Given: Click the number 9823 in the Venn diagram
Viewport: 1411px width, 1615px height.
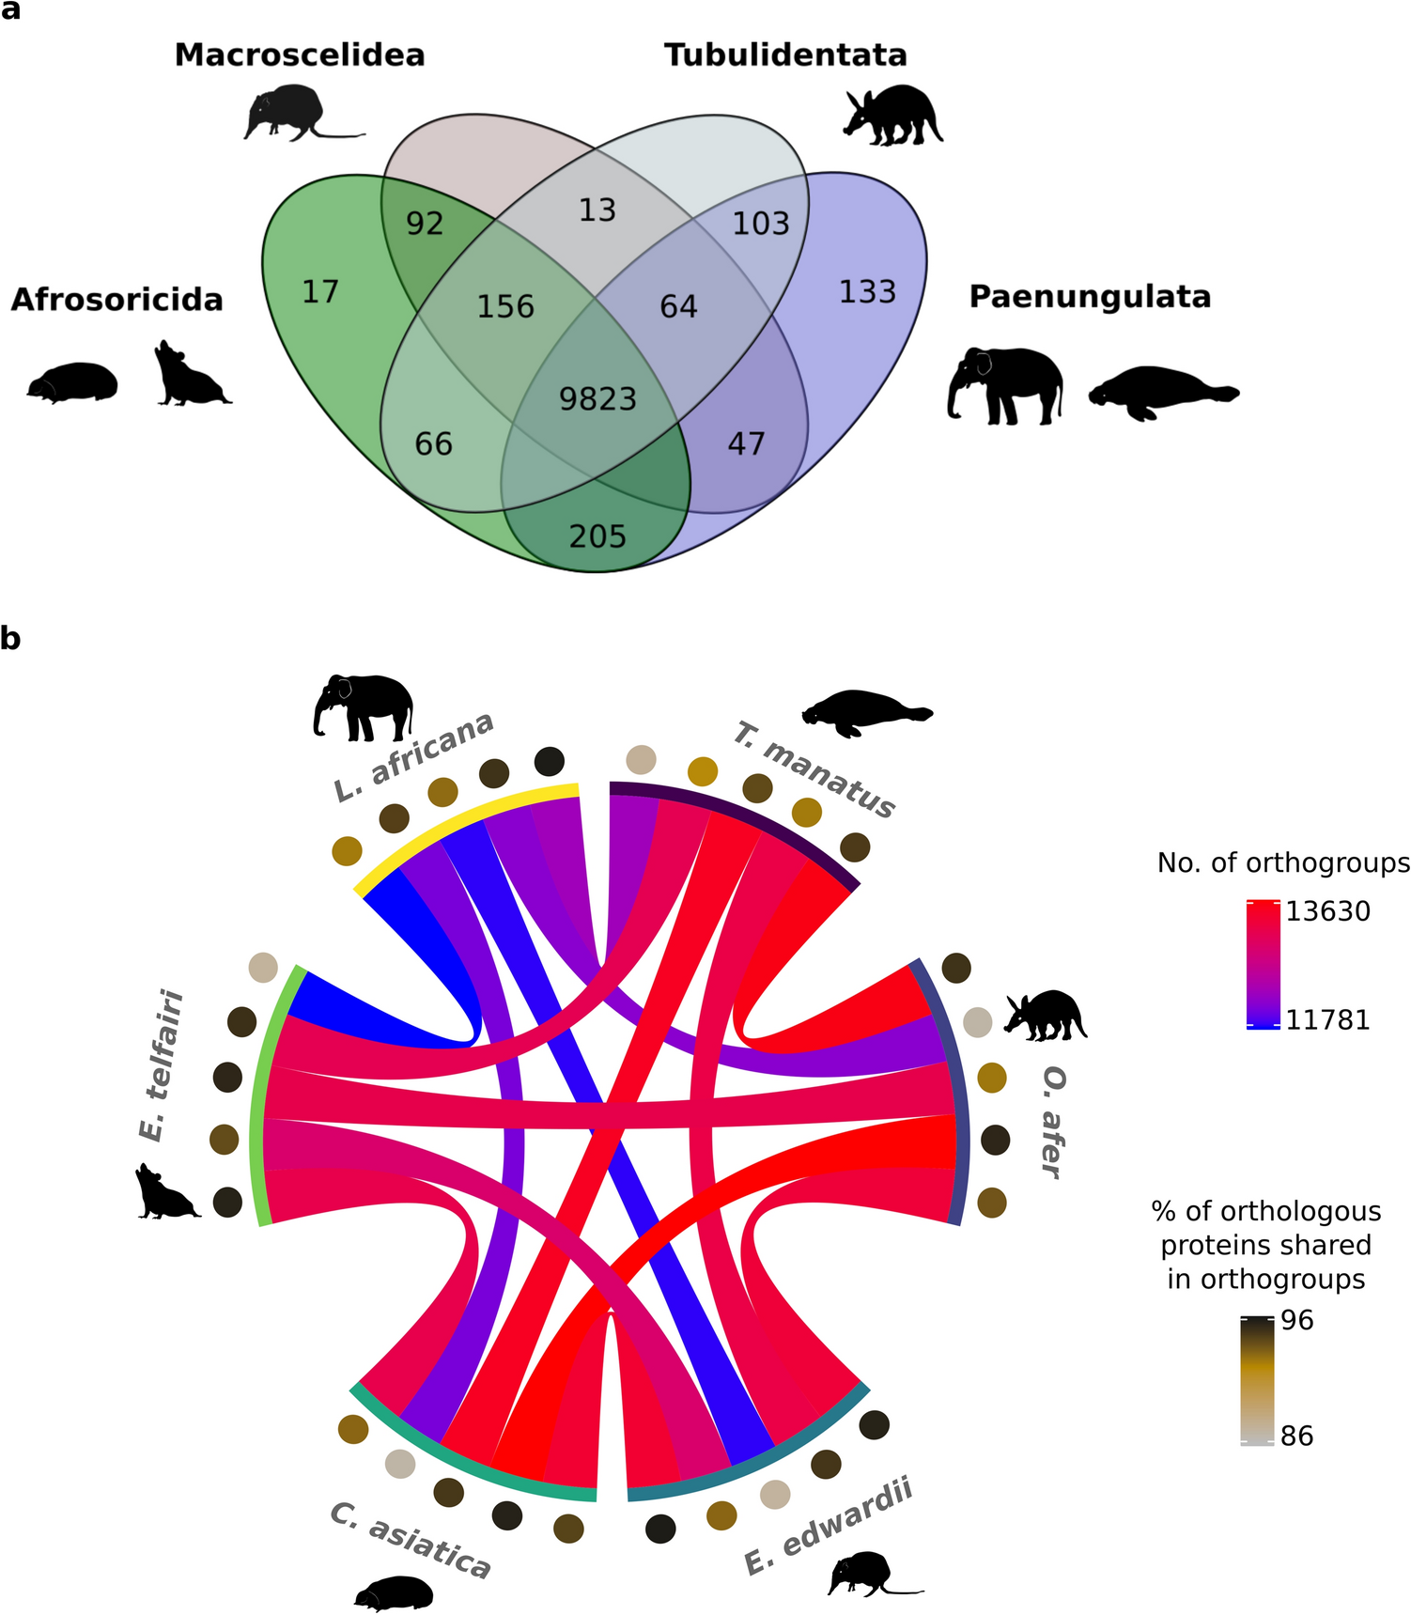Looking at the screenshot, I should (597, 399).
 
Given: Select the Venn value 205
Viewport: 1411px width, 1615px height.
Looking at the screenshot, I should (597, 536).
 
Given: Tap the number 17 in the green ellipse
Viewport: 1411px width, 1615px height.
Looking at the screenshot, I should (320, 292).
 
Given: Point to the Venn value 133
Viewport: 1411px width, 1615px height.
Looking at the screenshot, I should (867, 292).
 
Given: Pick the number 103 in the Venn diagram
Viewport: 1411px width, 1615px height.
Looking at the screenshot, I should (761, 224).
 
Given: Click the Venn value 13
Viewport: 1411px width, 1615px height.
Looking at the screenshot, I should (597, 210).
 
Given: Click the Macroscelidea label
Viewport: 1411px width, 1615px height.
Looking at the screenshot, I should (300, 54).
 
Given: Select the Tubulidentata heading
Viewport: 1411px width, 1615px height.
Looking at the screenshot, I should (785, 54).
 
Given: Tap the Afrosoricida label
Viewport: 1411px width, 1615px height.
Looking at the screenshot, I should (117, 300).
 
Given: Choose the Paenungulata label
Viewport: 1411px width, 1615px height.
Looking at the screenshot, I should (1090, 297).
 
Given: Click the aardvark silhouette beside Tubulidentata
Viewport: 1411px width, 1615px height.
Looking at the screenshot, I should (892, 116).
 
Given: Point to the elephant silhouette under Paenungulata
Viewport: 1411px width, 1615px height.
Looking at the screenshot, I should (1004, 384).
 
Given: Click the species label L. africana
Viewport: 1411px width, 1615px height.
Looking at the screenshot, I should (414, 756).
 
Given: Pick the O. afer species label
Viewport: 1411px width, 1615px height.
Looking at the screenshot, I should (1053, 1122).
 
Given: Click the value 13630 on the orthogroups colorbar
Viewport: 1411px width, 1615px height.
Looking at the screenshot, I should (1327, 911).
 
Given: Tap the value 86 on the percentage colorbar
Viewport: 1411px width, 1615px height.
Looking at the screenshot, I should (1297, 1436).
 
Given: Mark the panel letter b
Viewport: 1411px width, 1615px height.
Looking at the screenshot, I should (10, 639).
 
